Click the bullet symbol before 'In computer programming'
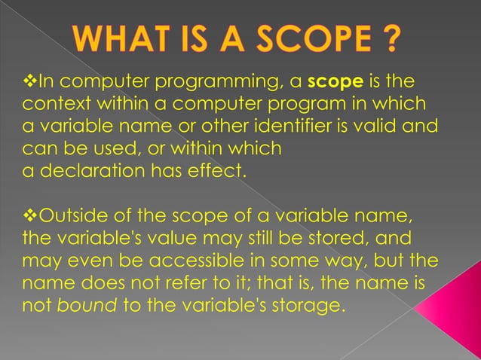coord(29,81)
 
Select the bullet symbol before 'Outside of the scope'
coord(29,218)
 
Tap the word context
coord(51,103)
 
